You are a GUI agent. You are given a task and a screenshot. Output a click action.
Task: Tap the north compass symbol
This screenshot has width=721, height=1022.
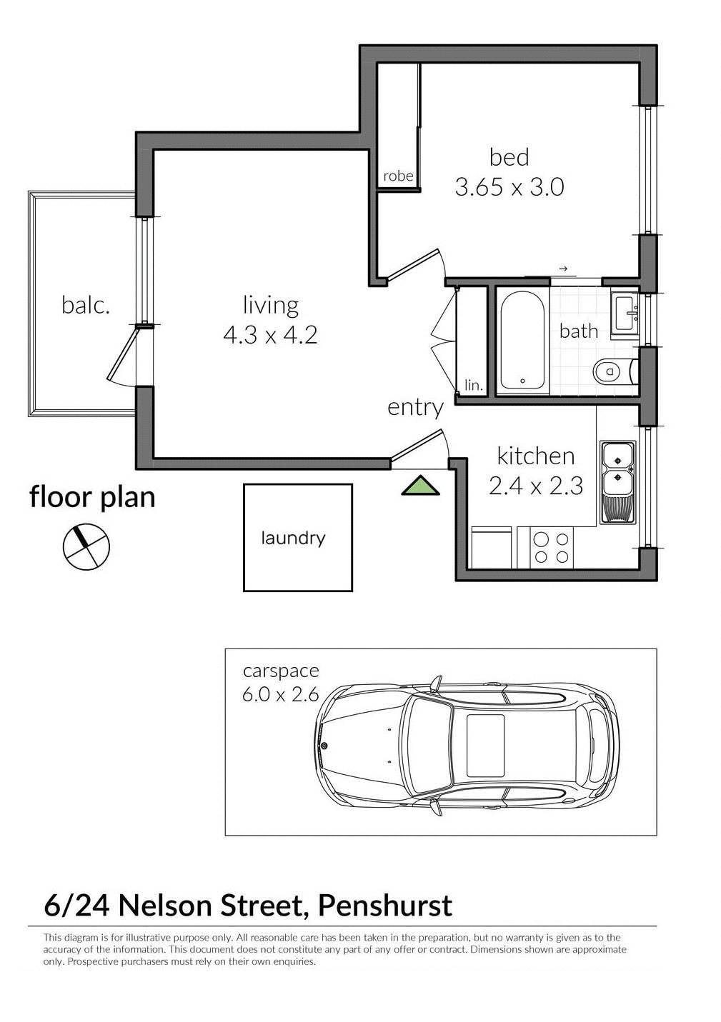point(86,547)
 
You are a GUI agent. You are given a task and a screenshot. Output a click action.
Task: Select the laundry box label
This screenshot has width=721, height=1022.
point(293,538)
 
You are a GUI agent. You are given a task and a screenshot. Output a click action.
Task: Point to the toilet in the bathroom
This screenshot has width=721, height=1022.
point(612,371)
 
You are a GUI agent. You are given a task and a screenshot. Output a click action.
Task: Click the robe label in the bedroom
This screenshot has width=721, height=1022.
point(398,176)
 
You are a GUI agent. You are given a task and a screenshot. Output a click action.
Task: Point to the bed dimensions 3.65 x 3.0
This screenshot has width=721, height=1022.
point(509,188)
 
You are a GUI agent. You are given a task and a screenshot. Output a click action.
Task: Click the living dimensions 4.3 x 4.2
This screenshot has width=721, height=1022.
point(270,334)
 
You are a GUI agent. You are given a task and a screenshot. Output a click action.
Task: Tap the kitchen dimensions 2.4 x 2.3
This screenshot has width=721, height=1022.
point(536,486)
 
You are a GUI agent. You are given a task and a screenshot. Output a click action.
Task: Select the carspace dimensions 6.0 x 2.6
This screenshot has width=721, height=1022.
point(280,693)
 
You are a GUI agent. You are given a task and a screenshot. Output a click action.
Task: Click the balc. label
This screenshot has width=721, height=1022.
point(86,306)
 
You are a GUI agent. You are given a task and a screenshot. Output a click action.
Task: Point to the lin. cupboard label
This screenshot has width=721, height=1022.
point(474,386)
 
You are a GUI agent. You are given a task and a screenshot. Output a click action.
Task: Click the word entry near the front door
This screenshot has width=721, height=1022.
point(415,407)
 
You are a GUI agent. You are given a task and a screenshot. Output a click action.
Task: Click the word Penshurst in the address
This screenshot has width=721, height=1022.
point(384,905)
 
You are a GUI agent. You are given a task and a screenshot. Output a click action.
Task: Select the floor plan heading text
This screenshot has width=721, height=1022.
point(92,496)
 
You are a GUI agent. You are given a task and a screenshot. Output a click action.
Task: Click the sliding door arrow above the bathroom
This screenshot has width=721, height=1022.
point(563,269)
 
